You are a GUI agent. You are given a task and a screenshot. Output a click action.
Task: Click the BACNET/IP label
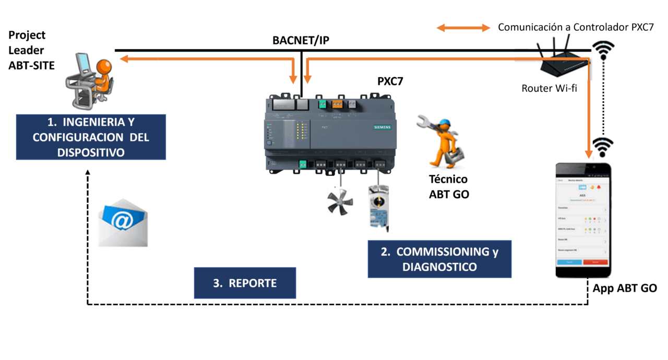pos(301,40)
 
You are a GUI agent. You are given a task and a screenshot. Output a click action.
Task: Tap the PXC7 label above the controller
pos(390,81)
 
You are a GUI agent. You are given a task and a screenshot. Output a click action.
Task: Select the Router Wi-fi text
pos(549,88)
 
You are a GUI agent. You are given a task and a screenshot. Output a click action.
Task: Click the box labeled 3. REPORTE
pos(245,283)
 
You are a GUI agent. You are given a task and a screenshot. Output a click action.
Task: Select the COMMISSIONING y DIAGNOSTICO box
pos(439,259)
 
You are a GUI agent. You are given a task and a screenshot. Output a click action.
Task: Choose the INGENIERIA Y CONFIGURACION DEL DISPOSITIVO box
pos(91,137)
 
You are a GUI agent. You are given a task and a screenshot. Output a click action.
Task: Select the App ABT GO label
pos(625,289)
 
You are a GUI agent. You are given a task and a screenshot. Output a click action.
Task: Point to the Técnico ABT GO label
pos(448,187)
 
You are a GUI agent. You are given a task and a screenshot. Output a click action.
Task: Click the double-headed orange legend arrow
pos(463,28)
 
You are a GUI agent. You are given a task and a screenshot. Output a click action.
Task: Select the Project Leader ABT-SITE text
pos(31,50)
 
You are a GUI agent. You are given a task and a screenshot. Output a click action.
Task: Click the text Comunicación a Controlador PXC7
pos(576,27)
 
